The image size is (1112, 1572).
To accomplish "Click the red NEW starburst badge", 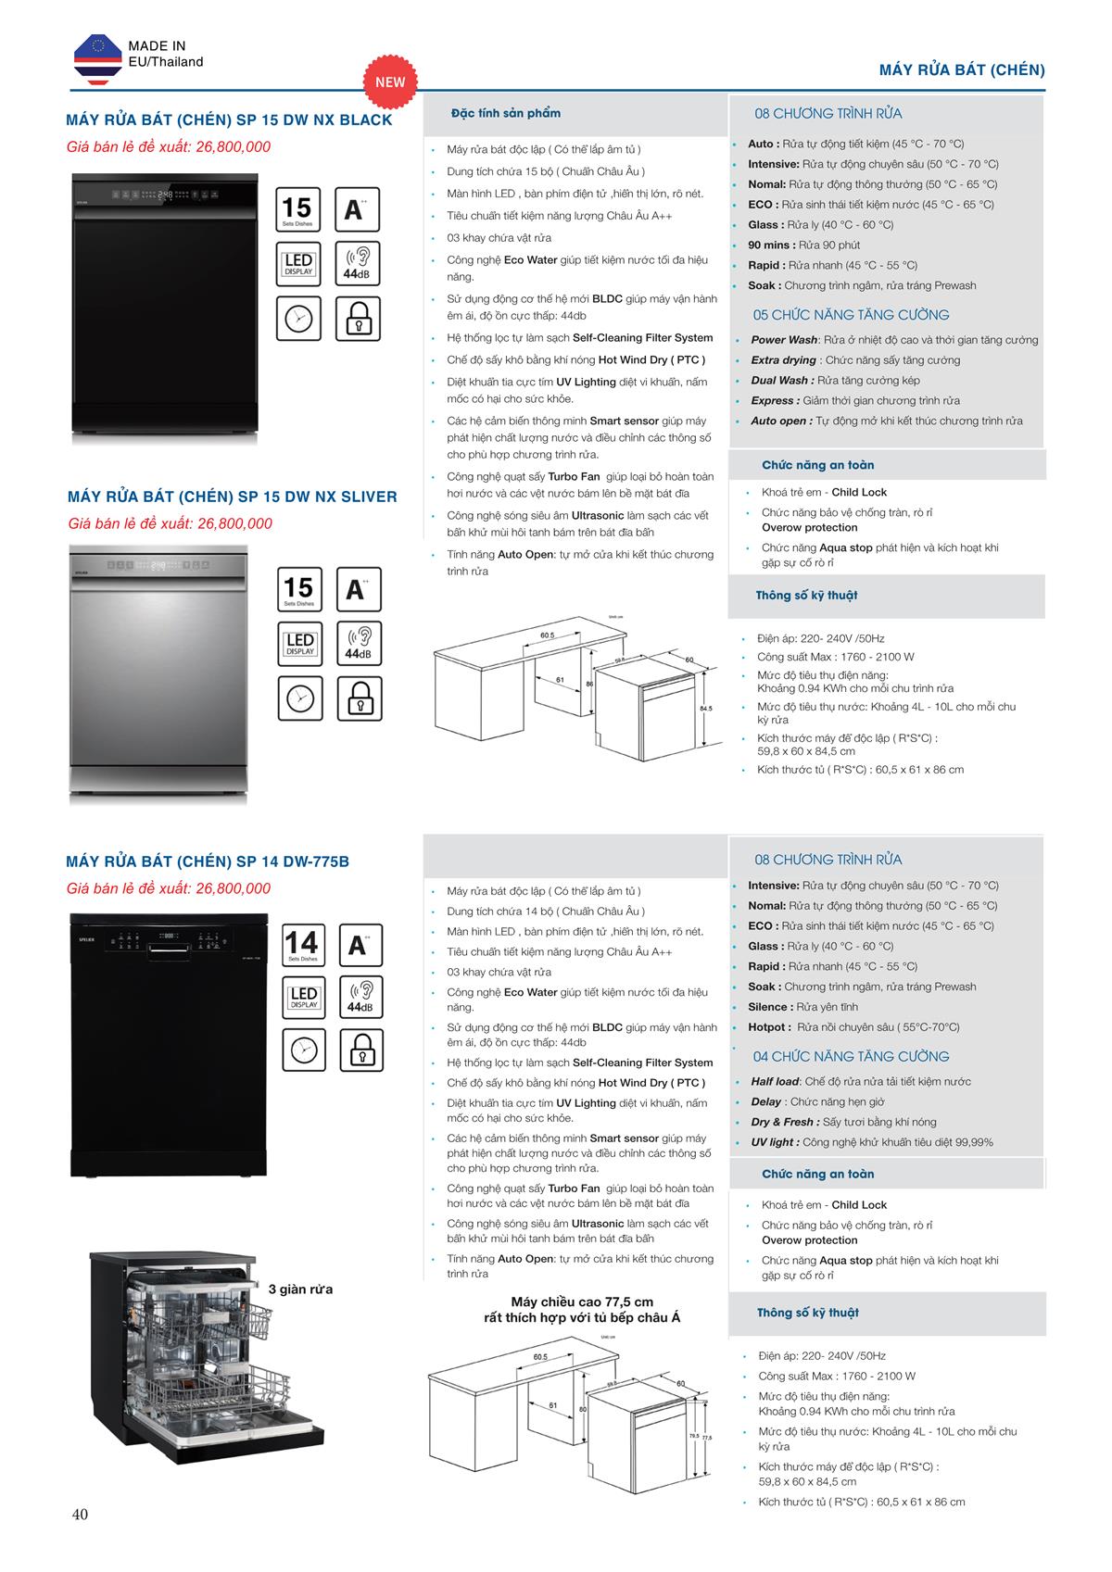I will (390, 82).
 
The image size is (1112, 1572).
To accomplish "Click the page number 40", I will (80, 1515).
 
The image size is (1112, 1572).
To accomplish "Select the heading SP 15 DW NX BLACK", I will (229, 119).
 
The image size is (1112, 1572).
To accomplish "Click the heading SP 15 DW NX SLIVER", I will (232, 497).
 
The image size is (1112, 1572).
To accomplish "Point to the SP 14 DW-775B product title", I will (208, 861).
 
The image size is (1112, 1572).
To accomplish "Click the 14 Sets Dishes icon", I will (301, 946).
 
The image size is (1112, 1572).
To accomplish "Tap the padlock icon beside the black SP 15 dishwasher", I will (358, 319).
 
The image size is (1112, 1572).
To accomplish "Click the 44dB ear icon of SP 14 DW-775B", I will (360, 996).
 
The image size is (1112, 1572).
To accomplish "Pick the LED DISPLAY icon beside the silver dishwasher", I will (300, 644).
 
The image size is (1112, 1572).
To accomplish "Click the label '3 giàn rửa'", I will (300, 1289).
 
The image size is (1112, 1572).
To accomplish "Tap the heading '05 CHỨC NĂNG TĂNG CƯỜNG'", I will (851, 315).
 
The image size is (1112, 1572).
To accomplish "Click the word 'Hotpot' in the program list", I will (768, 1026).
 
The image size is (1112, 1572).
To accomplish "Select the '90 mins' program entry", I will (771, 245).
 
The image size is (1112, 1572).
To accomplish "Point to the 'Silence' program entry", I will (770, 1006).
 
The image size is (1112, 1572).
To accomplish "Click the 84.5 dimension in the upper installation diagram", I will (706, 708).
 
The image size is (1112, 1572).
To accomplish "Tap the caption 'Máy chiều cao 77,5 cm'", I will (582, 1302).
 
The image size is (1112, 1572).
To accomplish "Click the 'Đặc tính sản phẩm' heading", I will (506, 113).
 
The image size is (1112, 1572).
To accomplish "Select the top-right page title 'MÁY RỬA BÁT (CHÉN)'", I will (962, 69).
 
